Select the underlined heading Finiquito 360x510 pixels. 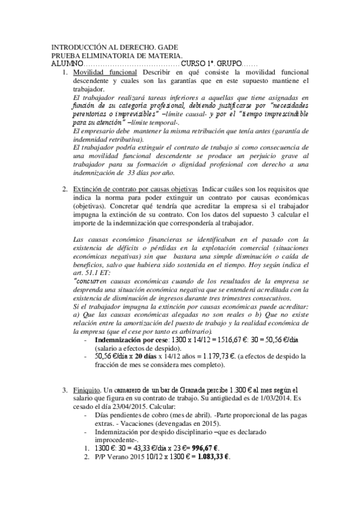(x=85, y=391)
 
